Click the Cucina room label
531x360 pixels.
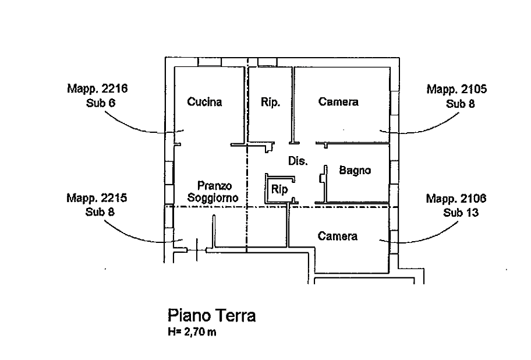tap(205, 103)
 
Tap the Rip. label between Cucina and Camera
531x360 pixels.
tap(271, 103)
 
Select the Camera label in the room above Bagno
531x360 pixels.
tap(338, 103)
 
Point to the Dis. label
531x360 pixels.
tap(298, 161)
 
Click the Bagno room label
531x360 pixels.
tap(355, 171)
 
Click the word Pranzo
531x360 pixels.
tap(215, 186)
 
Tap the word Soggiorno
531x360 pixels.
tap(214, 198)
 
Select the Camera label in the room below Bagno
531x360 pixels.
tap(338, 237)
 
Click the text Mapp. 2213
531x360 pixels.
tap(98, 89)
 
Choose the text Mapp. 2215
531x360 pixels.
tap(97, 197)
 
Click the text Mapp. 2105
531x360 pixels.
tap(456, 89)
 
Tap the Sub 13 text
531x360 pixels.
tap(460, 213)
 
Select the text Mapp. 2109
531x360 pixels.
tap(456, 199)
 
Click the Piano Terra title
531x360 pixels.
tap(212, 316)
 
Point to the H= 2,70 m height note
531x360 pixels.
tap(192, 333)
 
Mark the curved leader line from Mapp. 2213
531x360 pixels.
tap(128, 124)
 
